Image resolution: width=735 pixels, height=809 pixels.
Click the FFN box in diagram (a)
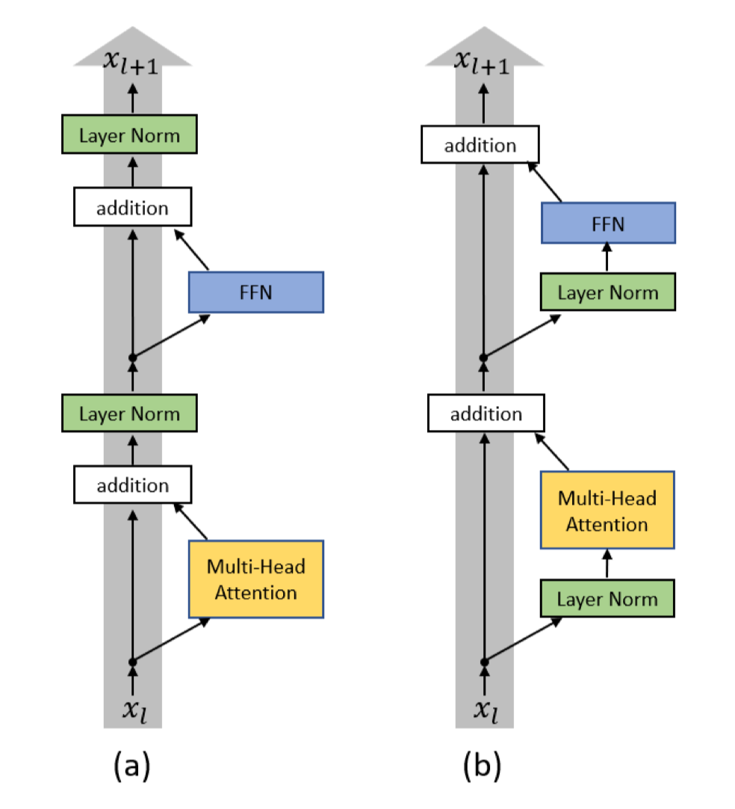[x=255, y=292]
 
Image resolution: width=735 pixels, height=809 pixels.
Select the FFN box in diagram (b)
[x=607, y=222]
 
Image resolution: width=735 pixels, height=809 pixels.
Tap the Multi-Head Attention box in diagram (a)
[x=255, y=579]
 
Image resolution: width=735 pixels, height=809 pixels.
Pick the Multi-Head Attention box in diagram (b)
[x=607, y=511]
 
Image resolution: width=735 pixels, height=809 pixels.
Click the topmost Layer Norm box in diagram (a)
[x=128, y=136]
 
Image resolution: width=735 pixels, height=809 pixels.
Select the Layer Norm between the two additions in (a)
[x=128, y=413]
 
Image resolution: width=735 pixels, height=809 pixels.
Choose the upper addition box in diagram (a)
[x=132, y=207]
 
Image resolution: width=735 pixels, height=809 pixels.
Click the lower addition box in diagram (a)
[x=132, y=485]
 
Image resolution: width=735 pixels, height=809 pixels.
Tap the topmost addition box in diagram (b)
[x=480, y=144]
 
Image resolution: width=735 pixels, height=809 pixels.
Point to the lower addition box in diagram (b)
[x=486, y=413]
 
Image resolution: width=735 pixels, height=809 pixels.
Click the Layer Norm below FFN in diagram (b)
[x=607, y=292]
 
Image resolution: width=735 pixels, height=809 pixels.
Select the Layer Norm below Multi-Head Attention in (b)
[x=607, y=599]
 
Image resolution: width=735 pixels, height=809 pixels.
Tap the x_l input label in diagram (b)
[x=485, y=709]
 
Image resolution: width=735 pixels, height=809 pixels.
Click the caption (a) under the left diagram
[x=131, y=766]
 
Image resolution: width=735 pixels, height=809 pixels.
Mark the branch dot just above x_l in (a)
[x=132, y=662]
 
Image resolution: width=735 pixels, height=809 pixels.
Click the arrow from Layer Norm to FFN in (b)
[x=607, y=259]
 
